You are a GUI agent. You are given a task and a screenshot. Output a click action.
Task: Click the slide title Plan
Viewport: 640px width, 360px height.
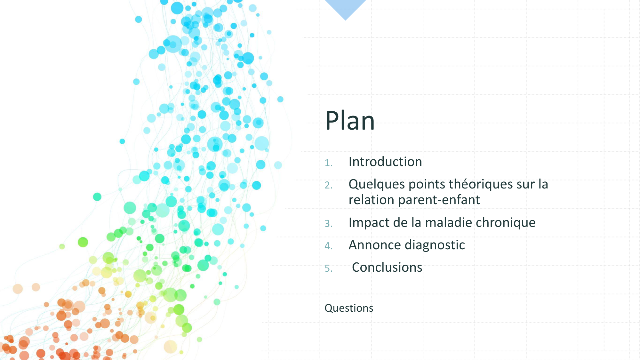pyautogui.click(x=350, y=121)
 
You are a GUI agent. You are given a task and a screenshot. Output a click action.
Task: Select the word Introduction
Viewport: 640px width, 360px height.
pyautogui.click(x=385, y=162)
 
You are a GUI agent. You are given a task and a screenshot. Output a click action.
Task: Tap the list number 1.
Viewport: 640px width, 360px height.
pyautogui.click(x=329, y=163)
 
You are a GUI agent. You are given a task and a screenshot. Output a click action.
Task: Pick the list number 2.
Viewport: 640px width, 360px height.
pyautogui.click(x=329, y=185)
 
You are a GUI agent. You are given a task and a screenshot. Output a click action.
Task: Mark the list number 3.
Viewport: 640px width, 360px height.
pyautogui.click(x=329, y=224)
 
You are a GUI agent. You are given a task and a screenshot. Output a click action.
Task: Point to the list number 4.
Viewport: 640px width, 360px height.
pyautogui.click(x=329, y=246)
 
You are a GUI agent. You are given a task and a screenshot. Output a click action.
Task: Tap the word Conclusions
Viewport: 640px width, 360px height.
pyautogui.click(x=387, y=268)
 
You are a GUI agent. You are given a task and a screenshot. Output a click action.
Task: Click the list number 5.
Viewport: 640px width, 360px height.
pyautogui.click(x=329, y=268)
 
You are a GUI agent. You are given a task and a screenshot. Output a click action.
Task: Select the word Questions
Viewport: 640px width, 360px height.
pyautogui.click(x=349, y=308)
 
